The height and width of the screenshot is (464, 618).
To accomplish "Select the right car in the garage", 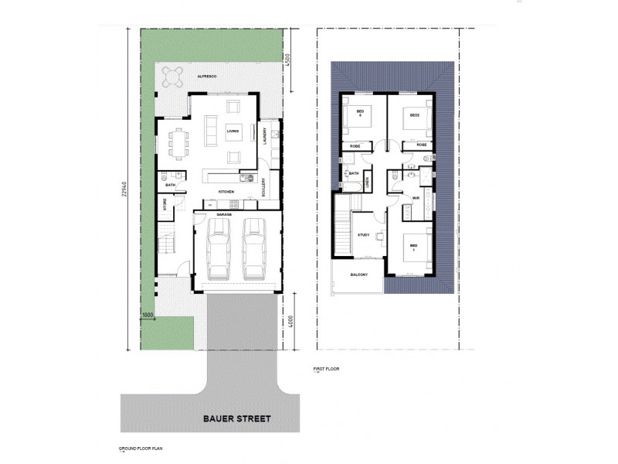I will [x=255, y=248].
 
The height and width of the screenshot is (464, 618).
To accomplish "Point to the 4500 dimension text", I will [x=287, y=61].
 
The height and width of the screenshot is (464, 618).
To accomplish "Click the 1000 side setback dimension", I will [x=148, y=316].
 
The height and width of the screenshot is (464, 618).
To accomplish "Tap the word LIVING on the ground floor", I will [x=233, y=132].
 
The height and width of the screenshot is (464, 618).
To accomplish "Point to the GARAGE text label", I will [x=225, y=214].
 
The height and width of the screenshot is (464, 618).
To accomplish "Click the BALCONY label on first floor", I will [x=358, y=275].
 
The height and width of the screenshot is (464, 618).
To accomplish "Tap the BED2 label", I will [x=414, y=114].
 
